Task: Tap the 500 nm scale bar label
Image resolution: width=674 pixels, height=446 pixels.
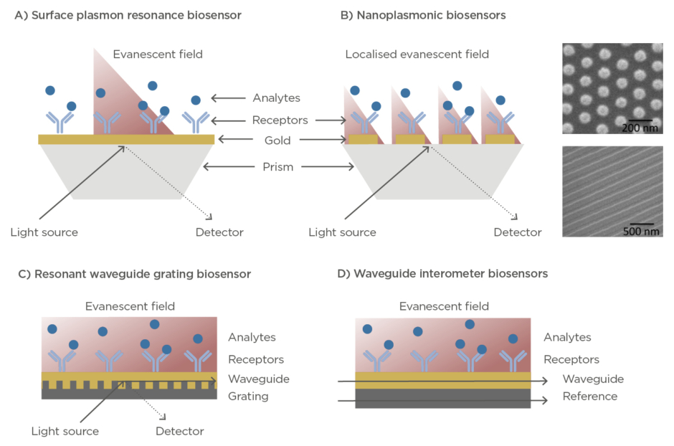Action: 640,232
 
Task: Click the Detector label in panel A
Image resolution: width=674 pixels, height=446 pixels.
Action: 219,232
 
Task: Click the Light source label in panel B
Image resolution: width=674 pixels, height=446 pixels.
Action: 342,232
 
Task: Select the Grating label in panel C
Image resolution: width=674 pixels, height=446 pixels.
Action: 248,396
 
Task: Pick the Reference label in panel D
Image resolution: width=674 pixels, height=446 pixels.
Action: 589,396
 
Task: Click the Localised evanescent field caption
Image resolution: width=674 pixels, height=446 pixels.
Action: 417,54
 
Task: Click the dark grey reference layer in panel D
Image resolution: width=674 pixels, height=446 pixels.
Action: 442,399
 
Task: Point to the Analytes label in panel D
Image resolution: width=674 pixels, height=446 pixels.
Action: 567,337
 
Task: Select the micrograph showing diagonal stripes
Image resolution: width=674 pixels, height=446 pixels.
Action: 612,191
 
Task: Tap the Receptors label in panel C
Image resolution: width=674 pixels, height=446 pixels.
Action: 256,359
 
